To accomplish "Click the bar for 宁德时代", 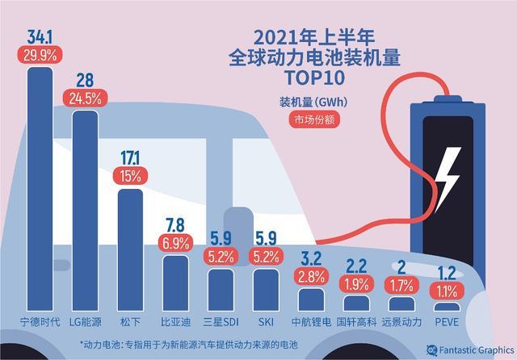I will pos(40,194).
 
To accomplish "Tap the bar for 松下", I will pos(130,250).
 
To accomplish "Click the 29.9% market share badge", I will pos(40,55).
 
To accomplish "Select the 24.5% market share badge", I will pos(86,100).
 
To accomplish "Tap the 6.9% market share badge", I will pos(175,242).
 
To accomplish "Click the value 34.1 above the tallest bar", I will pos(40,36).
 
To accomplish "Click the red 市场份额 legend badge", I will pos(312,119).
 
